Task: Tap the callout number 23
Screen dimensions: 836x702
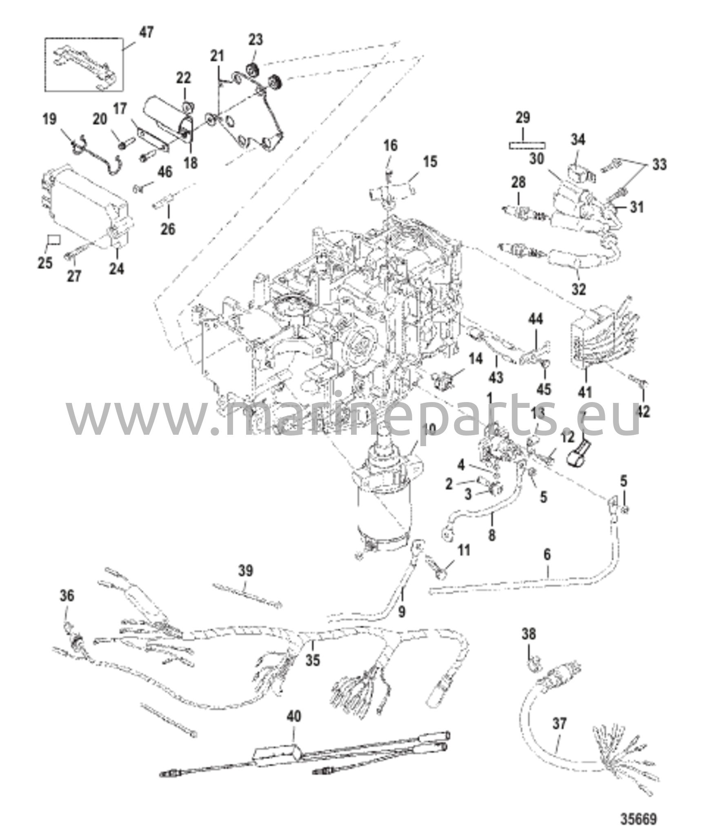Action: point(256,40)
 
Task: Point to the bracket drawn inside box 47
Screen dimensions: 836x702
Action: point(84,65)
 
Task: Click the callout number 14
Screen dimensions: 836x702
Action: point(475,359)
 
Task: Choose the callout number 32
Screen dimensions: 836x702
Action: point(579,289)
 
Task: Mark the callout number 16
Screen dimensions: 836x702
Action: point(391,145)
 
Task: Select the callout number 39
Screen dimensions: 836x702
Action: point(246,570)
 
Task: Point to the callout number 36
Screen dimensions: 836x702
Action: point(67,596)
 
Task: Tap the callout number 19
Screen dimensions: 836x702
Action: point(50,120)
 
